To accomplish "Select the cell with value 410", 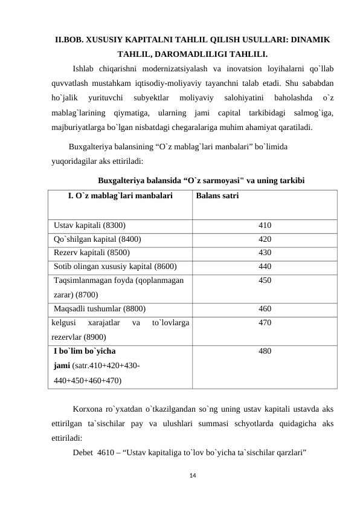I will tap(265, 225).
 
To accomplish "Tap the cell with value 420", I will tap(265, 239).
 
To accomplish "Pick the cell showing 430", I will tap(265, 252).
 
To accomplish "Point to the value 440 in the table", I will tap(265, 265).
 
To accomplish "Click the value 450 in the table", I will tap(265, 280).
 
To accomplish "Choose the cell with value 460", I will tap(265, 308).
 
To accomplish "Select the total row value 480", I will tap(265, 351).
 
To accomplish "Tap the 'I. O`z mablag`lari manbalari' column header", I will tap(120, 196).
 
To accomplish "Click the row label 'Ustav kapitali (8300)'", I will tap(89, 225).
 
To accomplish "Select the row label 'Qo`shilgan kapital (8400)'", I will tap(97, 239).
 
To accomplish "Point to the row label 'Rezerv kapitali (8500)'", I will tap(91, 252).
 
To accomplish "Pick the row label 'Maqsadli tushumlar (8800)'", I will tap(99, 308).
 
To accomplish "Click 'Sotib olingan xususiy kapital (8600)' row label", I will tap(115, 265).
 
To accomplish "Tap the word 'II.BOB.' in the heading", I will tap(71, 40).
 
